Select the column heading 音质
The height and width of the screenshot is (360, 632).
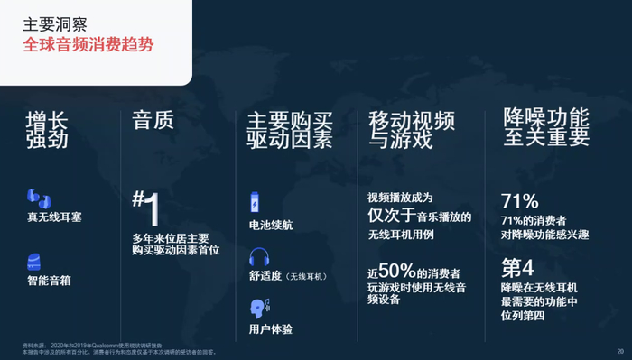(x=153, y=120)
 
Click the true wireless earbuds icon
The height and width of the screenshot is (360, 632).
(x=37, y=198)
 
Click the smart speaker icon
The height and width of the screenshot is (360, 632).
(x=35, y=262)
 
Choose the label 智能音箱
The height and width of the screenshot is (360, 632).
(x=49, y=281)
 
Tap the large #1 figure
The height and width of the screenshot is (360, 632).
(x=148, y=207)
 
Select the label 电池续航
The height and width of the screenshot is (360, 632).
(x=271, y=225)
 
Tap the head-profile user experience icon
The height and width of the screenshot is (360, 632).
(x=257, y=307)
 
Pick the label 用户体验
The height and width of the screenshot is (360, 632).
(x=271, y=329)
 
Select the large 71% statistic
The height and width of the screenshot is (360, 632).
(x=520, y=201)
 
